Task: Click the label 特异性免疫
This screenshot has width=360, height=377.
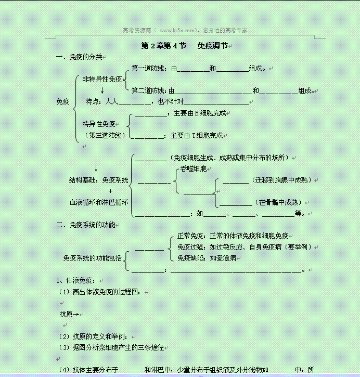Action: pyautogui.click(x=98, y=124)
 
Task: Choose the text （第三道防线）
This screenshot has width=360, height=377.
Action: pyautogui.click(x=105, y=135)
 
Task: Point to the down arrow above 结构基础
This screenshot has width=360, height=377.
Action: pyautogui.click(x=96, y=168)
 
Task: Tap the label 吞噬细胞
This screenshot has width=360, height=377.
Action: pyautogui.click(x=193, y=168)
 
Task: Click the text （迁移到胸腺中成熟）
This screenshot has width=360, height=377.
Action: pyautogui.click(x=281, y=180)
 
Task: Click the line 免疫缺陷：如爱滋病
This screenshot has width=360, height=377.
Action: pyautogui.click(x=207, y=258)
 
